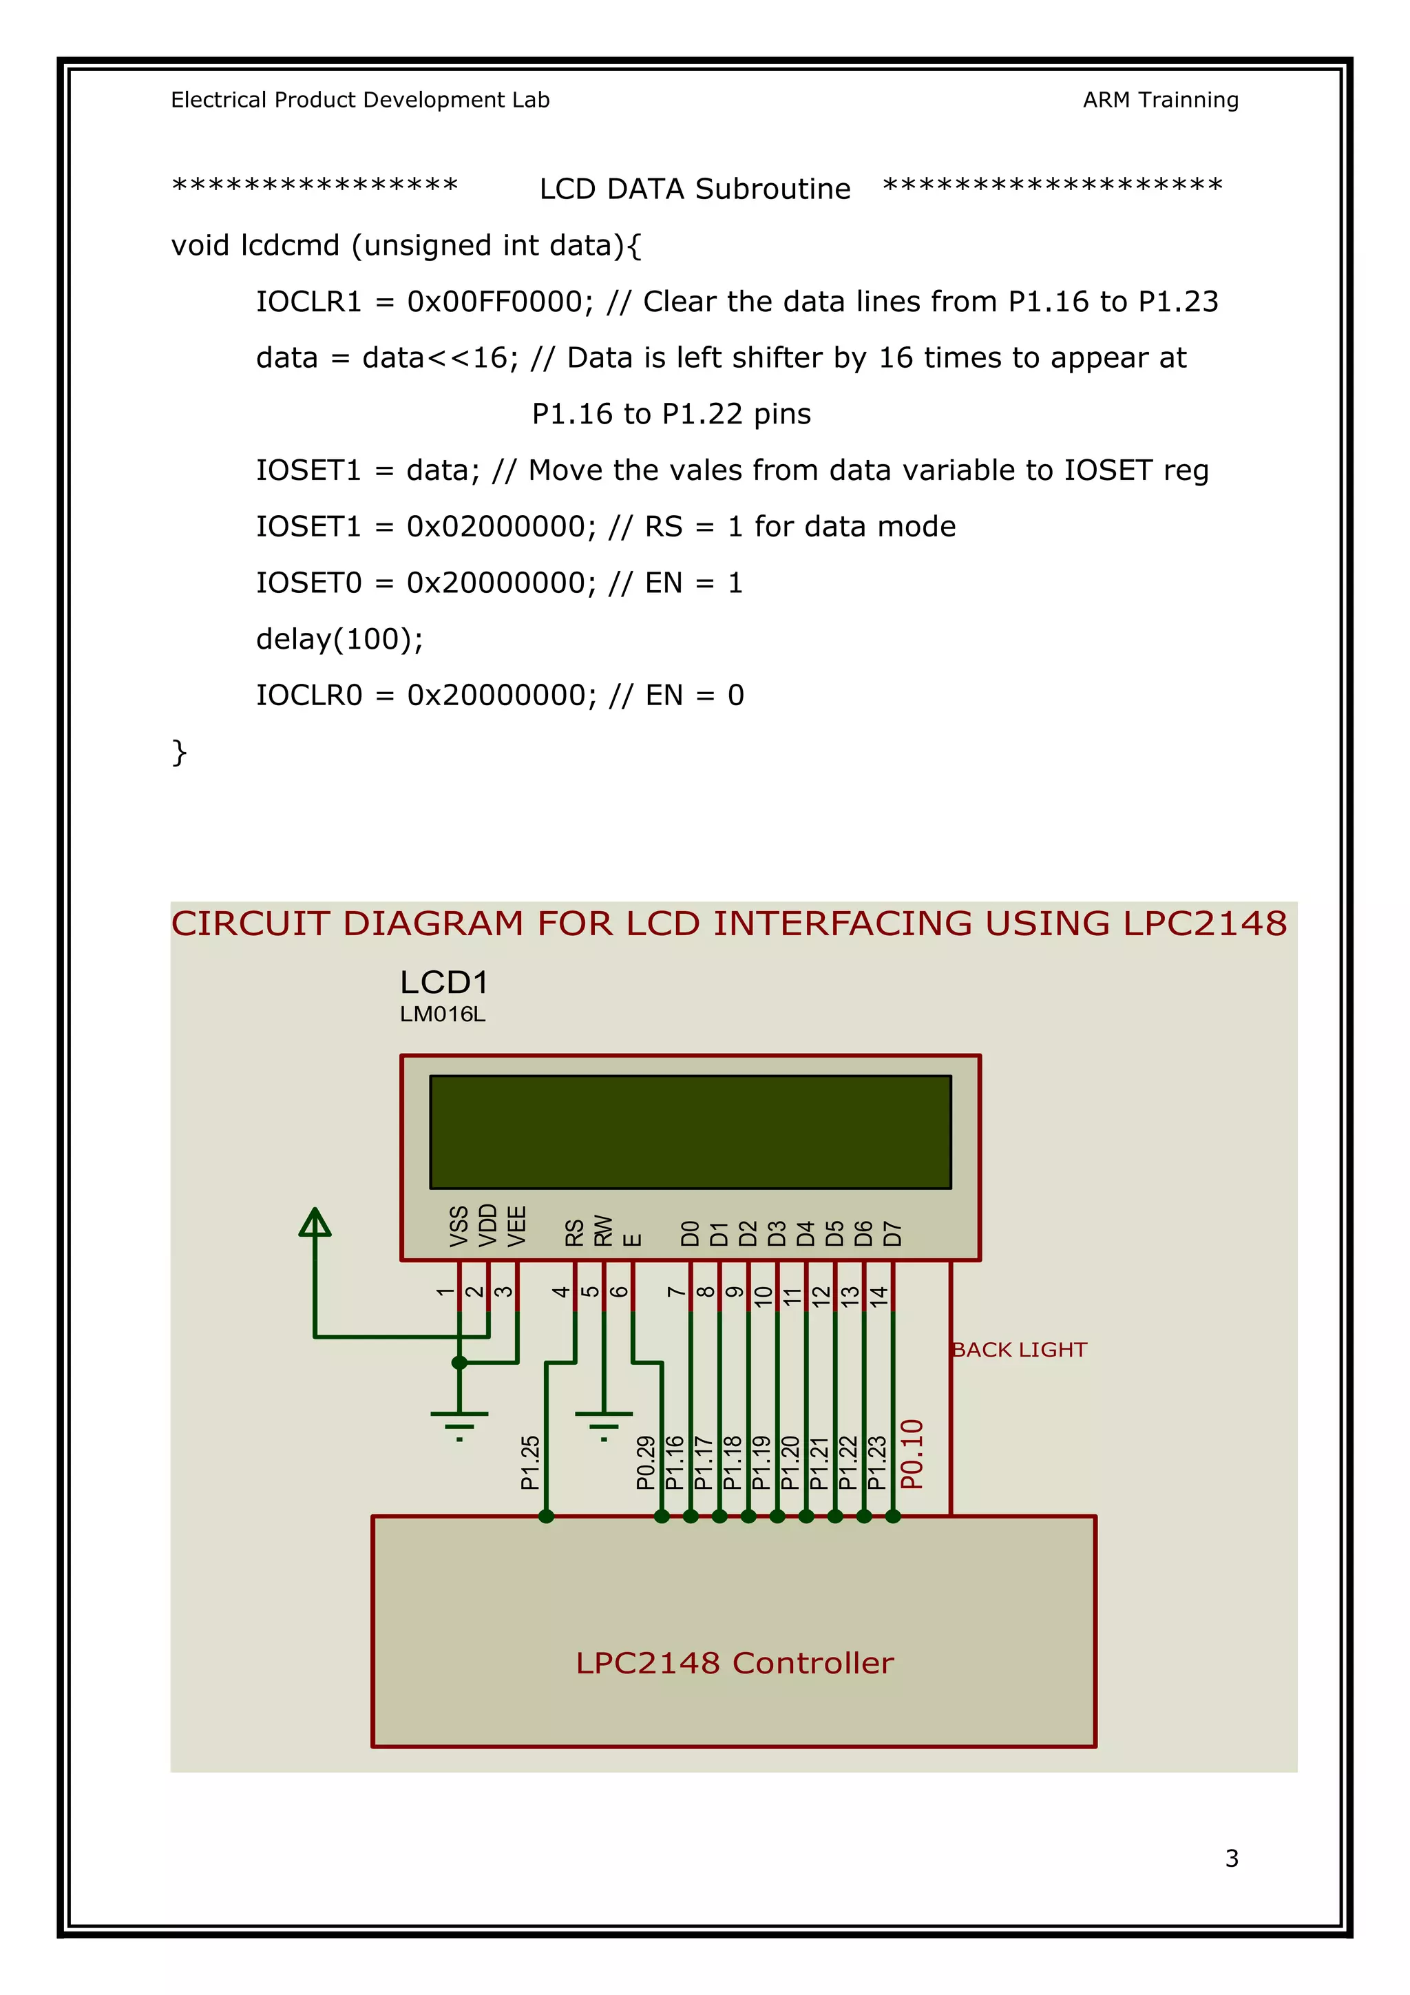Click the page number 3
tap(1231, 1858)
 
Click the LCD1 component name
tap(444, 983)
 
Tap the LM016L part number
tap(442, 1014)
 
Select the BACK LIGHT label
tap(1019, 1350)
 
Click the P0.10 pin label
tap(912, 1454)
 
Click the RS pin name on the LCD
tap(574, 1232)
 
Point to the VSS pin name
tap(459, 1226)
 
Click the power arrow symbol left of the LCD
tap(315, 1222)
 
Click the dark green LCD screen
tap(691, 1131)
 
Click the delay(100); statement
tap(339, 638)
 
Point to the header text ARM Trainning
tap(1160, 100)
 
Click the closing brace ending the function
tap(179, 751)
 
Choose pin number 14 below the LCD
tap(879, 1297)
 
